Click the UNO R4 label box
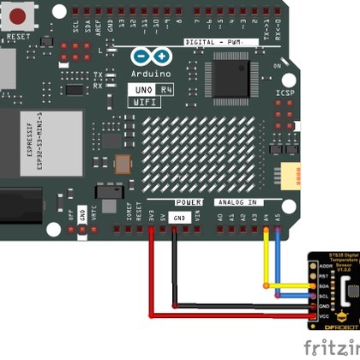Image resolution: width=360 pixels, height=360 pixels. click(147, 88)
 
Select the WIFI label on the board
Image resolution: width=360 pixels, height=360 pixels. click(146, 101)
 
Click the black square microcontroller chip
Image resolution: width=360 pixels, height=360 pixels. click(233, 76)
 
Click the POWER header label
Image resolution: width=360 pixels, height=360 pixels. click(189, 201)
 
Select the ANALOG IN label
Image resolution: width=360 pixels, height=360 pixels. click(237, 201)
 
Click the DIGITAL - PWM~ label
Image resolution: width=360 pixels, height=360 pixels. click(214, 41)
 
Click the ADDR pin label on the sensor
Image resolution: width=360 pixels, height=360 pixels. click(324, 267)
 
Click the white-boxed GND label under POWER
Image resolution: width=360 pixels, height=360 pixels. click(177, 218)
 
